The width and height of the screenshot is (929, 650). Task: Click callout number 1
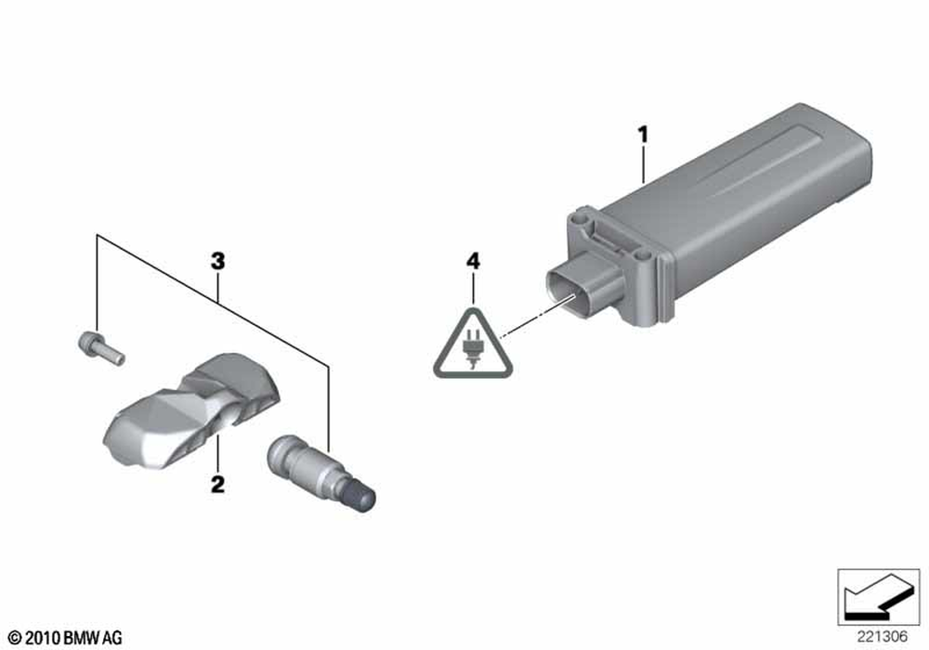[643, 135]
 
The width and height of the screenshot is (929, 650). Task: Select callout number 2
[218, 484]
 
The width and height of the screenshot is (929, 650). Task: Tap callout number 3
[218, 261]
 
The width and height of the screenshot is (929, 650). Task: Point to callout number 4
[473, 261]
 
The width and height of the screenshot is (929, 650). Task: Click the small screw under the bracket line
[101, 348]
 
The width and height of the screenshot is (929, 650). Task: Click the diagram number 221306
[883, 636]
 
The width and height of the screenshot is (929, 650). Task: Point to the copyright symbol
[16, 638]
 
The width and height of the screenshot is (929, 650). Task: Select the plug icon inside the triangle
[472, 349]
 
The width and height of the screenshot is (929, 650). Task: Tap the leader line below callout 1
[644, 163]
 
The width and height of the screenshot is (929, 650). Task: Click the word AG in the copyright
[112, 638]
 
